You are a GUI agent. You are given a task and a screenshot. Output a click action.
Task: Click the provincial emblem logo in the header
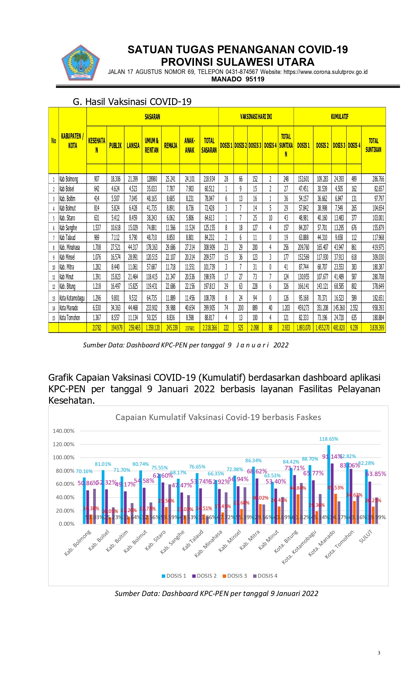[x=80, y=63]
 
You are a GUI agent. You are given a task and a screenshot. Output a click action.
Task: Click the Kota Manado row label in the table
[x=69, y=308]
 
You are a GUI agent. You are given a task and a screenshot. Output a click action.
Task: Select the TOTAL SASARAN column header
[x=209, y=145]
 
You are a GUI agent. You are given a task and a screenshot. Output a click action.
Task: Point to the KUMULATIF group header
[x=339, y=116]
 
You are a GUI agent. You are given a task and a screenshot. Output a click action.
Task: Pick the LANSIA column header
[x=133, y=146]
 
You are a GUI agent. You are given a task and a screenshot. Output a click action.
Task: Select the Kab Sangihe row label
[x=68, y=228]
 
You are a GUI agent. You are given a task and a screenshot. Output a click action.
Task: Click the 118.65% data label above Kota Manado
[x=328, y=439]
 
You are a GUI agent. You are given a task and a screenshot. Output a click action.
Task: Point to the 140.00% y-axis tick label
[x=63, y=431]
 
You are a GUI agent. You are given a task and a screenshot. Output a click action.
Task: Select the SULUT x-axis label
[x=366, y=537]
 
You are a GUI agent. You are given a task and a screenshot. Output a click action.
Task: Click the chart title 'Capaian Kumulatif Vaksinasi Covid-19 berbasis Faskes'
[x=218, y=417]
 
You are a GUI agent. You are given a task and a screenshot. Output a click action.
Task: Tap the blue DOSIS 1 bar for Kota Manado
[x=328, y=484]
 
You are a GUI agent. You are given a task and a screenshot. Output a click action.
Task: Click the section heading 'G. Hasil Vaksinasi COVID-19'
[x=132, y=102]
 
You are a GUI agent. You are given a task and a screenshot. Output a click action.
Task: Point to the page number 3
[x=379, y=653]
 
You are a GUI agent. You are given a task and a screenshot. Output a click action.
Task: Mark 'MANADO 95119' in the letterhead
[x=238, y=79]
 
